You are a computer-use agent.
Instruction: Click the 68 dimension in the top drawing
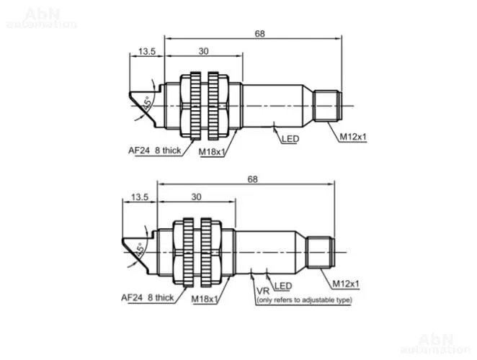pyautogui.click(x=260, y=33)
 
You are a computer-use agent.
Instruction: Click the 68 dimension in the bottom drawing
pyautogui.click(x=252, y=179)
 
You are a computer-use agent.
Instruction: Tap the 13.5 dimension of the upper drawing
pyautogui.click(x=147, y=51)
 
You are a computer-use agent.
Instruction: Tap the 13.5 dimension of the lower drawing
pyautogui.click(x=140, y=197)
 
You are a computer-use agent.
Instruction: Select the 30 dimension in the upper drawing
pyautogui.click(x=203, y=51)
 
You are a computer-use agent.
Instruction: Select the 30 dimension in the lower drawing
pyautogui.click(x=196, y=197)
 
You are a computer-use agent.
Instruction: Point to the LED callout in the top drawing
pyautogui.click(x=290, y=139)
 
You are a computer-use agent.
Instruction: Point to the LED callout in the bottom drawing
pyautogui.click(x=283, y=286)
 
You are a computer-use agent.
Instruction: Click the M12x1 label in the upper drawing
pyautogui.click(x=353, y=137)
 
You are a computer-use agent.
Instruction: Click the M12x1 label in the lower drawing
pyautogui.click(x=346, y=284)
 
